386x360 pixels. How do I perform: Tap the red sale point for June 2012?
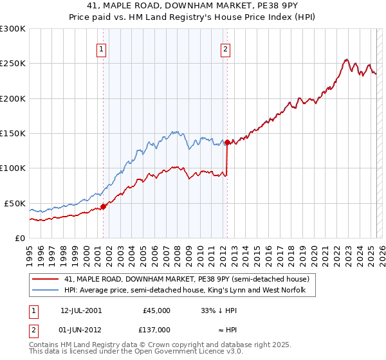tap(227, 143)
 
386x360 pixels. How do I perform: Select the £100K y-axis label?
tap(13, 168)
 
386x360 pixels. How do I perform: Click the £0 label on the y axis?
tap(19, 238)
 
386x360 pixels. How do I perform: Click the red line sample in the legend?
tap(45, 280)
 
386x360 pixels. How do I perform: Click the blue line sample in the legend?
tap(45, 291)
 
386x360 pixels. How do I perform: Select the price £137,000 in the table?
tap(156, 330)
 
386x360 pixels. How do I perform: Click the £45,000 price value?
tap(156, 310)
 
